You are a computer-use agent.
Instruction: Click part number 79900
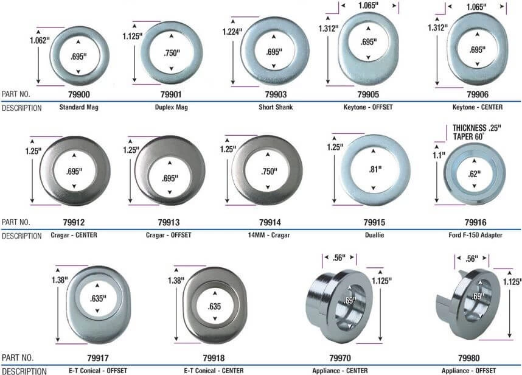(79, 94)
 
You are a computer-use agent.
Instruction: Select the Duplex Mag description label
(172, 107)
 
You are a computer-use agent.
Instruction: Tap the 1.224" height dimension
(232, 32)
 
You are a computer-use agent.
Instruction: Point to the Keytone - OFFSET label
(368, 107)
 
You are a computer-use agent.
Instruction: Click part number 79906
(478, 94)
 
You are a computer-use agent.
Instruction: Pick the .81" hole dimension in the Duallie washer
(375, 169)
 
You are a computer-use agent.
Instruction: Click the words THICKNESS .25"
(477, 128)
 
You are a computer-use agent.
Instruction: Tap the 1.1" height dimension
(439, 155)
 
